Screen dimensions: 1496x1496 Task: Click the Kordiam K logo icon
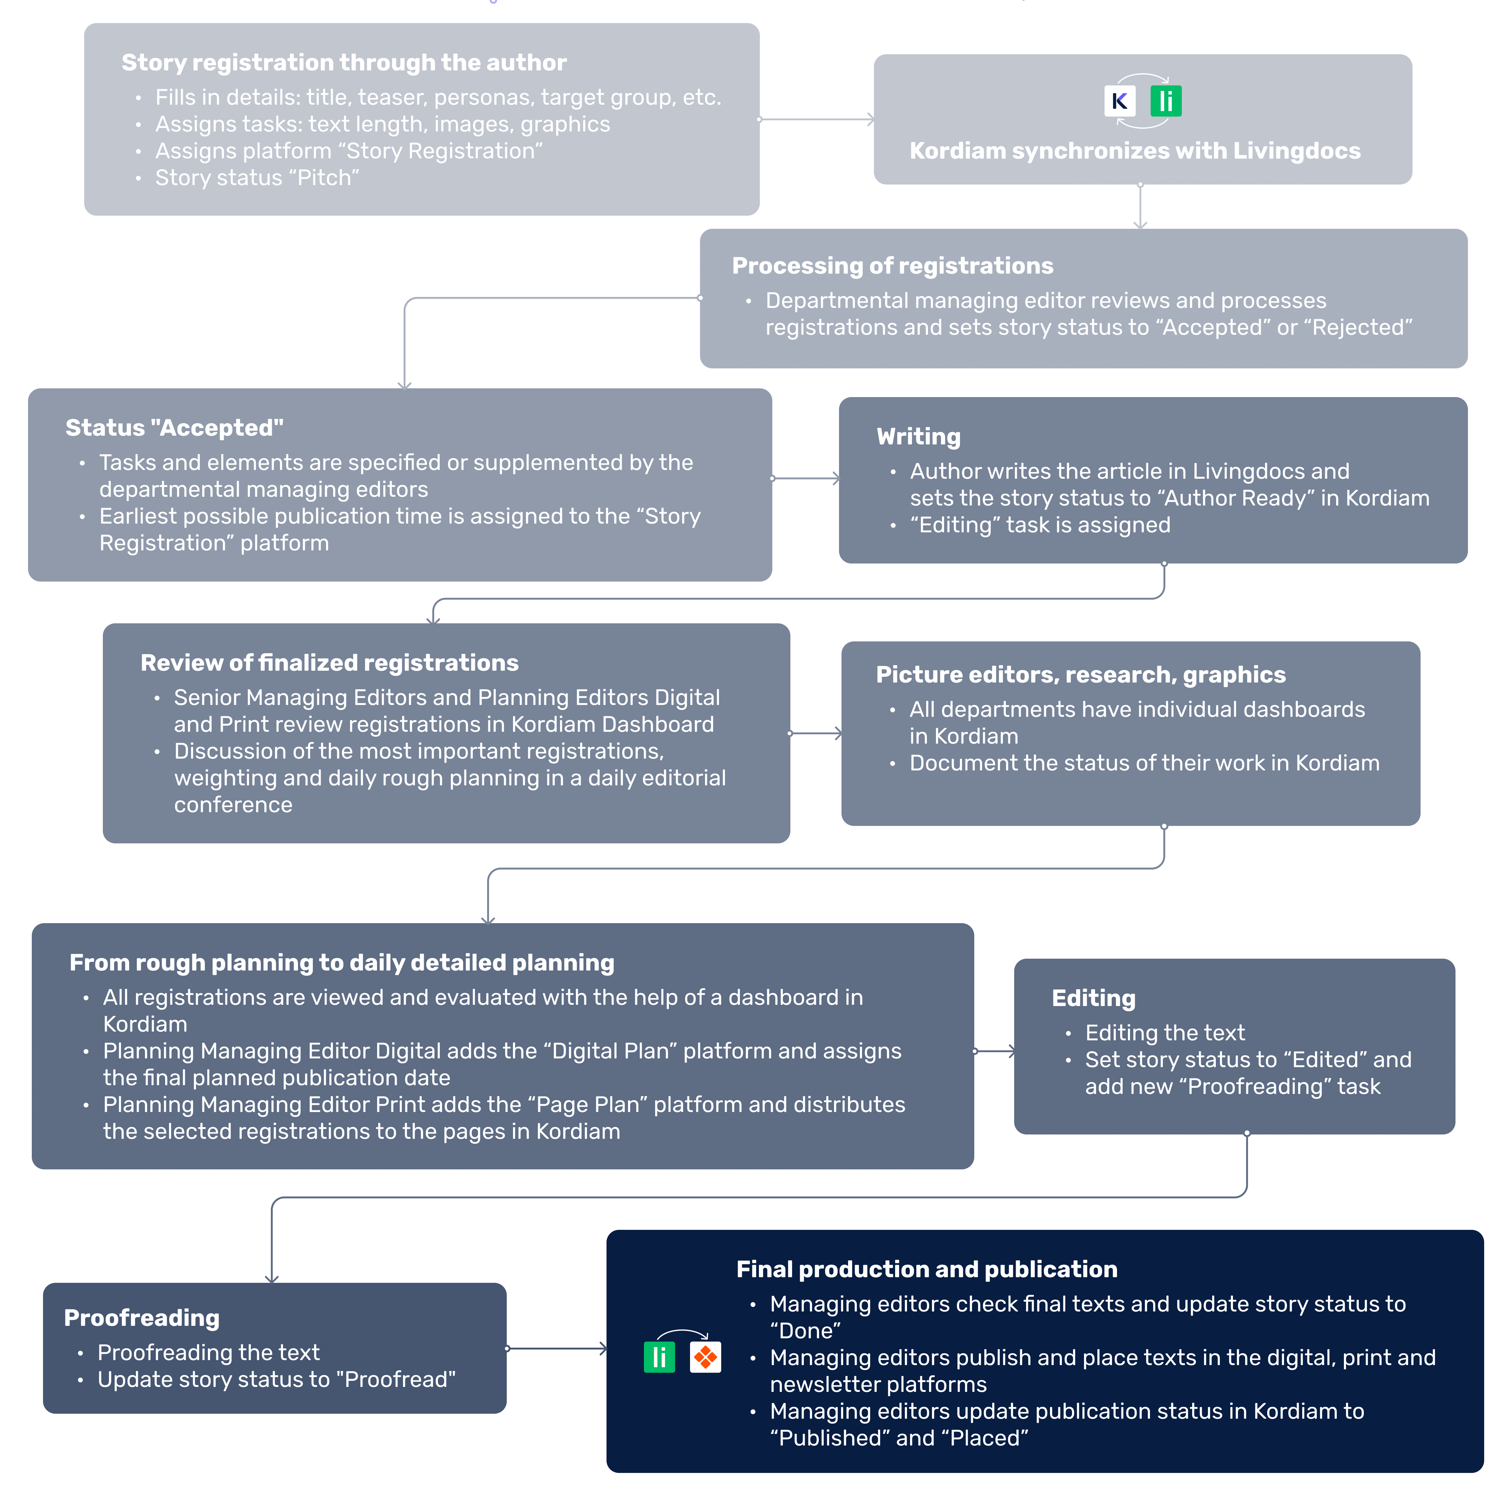[1120, 101]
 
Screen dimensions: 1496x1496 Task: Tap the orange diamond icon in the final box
[705, 1357]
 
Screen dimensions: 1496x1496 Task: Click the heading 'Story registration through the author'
[344, 63]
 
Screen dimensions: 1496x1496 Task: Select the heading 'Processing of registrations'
[892, 266]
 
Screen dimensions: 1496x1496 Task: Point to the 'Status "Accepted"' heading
[174, 427]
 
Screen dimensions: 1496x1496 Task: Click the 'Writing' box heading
[918, 437]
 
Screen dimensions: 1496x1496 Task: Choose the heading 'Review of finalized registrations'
[329, 663]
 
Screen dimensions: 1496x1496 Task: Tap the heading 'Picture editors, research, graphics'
[1080, 674]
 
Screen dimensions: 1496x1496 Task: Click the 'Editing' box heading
[1093, 998]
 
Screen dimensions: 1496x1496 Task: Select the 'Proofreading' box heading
[142, 1318]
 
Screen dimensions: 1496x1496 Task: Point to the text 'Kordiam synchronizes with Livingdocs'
[1134, 151]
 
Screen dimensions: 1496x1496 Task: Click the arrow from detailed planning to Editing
[994, 1052]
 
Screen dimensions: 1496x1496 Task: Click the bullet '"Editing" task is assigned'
[1040, 525]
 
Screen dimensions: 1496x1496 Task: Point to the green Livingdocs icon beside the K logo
[1165, 101]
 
